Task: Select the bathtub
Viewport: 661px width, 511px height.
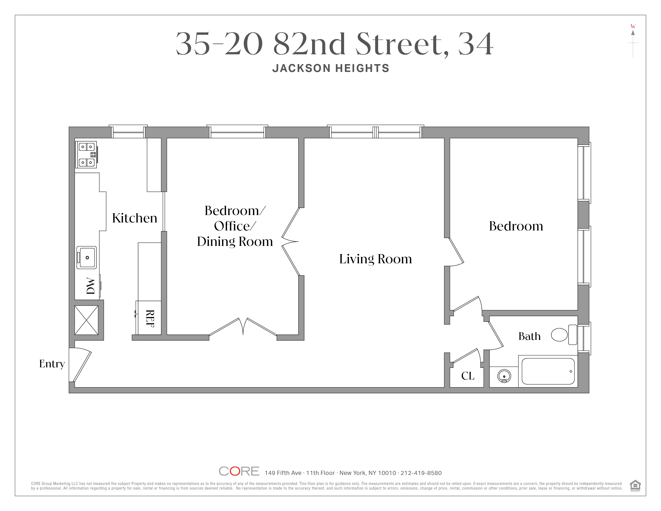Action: tap(548, 371)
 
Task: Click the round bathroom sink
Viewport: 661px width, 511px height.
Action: tap(504, 376)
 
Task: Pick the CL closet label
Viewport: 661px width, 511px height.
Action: tap(468, 376)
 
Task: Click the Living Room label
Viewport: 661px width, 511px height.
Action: tap(375, 259)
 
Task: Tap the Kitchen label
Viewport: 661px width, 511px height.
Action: tap(134, 218)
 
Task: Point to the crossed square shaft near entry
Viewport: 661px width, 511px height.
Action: tap(87, 320)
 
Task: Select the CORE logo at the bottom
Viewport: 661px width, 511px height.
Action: tap(239, 471)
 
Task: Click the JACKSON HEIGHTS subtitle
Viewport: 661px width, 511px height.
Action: tap(330, 68)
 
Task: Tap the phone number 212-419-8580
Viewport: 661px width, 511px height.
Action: tap(421, 473)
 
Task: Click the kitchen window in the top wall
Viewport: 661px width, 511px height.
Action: tap(128, 132)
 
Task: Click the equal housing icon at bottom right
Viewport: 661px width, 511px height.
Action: tap(635, 485)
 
